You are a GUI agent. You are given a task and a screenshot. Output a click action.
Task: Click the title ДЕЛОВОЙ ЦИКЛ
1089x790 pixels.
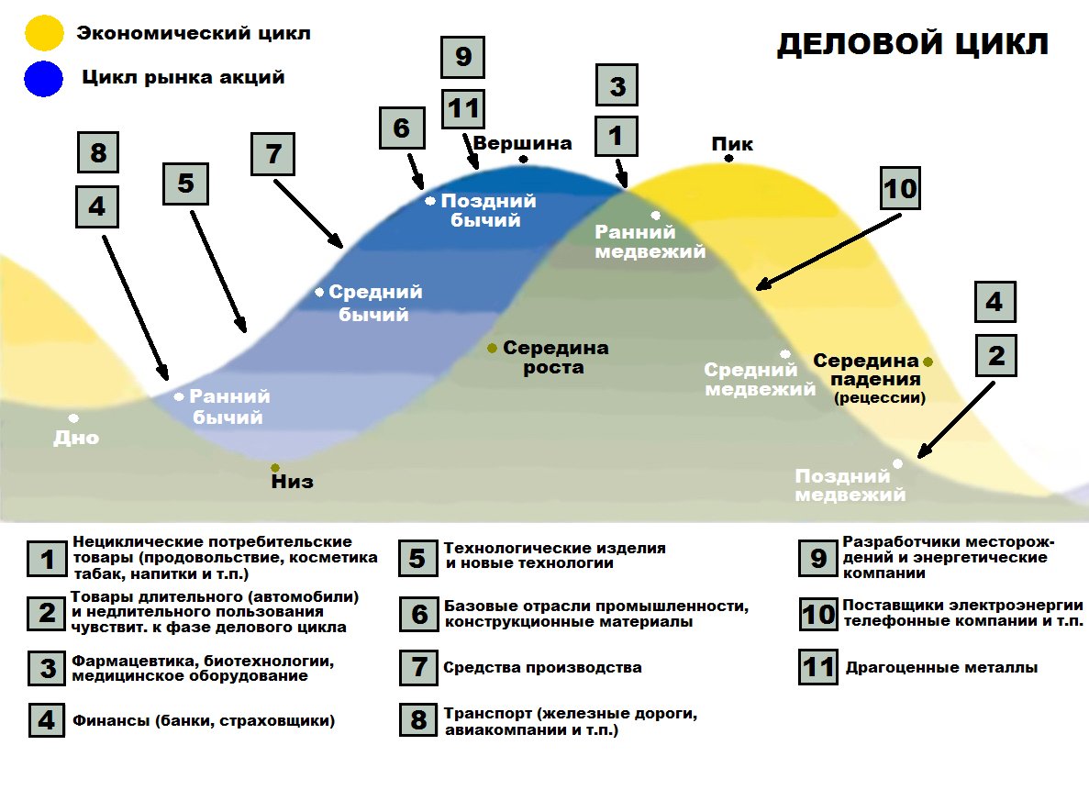[x=913, y=44]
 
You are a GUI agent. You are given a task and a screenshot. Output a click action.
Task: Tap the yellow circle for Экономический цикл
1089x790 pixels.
[x=44, y=34]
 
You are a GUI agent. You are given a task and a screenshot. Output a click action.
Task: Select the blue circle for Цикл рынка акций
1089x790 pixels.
[x=44, y=79]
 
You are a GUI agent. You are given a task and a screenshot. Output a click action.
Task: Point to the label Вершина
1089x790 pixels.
[x=522, y=143]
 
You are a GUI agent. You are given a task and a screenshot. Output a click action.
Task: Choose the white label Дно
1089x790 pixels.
[x=76, y=438]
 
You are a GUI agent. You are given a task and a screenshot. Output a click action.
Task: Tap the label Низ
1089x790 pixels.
[x=292, y=481]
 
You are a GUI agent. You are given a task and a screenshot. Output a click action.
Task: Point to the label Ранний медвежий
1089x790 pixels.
[x=650, y=242]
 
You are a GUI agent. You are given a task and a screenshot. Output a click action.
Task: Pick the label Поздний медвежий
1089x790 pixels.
[x=850, y=485]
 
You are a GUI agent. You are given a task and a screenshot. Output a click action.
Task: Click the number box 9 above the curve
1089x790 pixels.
[x=462, y=57]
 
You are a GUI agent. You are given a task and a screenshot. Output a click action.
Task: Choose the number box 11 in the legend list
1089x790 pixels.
[x=817, y=667]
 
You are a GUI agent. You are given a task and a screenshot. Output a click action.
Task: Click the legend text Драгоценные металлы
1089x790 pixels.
[x=940, y=668]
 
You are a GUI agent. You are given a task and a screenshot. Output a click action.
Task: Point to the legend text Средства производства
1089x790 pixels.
[x=542, y=667]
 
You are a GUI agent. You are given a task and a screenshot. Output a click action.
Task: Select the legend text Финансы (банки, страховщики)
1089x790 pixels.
[x=204, y=721]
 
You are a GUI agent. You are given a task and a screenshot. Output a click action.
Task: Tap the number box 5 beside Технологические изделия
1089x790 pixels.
[x=418, y=557]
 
